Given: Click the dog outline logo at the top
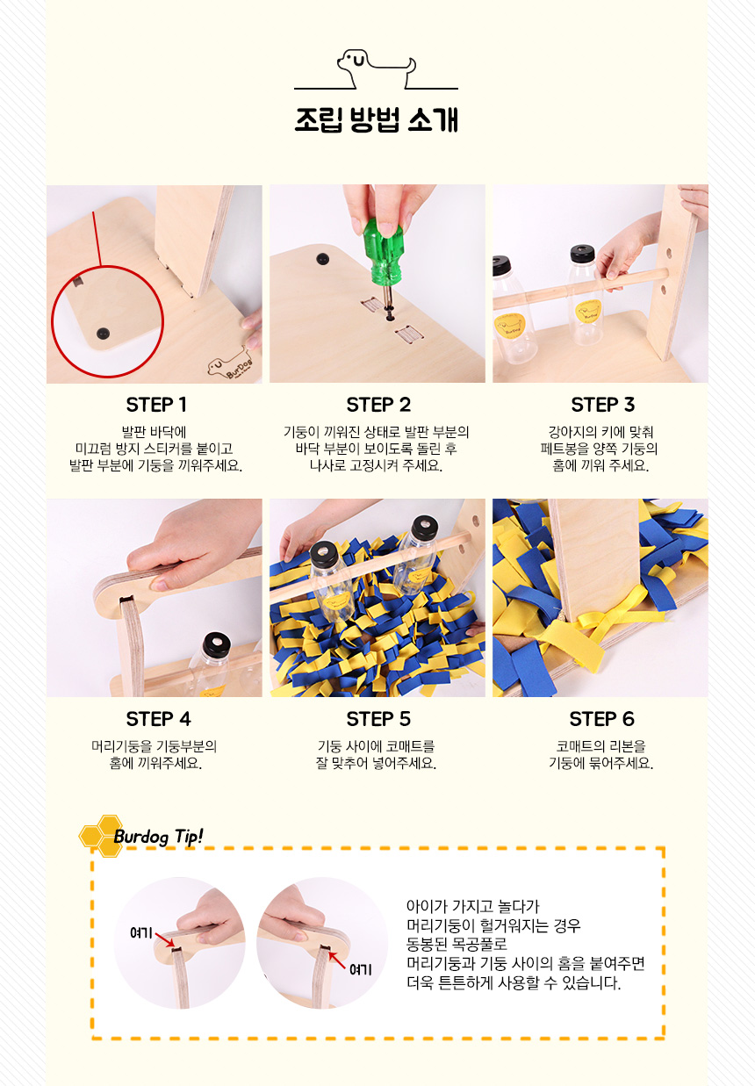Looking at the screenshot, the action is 377,69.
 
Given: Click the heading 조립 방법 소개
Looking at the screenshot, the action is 377,119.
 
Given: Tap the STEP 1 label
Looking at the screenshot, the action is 156,405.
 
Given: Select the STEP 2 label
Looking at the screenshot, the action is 378,405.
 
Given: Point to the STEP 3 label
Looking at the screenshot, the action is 603,405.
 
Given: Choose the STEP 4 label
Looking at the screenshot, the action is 158,719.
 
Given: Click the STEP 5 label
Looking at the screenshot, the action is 378,719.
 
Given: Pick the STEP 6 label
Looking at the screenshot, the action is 601,719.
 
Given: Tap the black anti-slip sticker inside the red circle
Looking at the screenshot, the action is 103,334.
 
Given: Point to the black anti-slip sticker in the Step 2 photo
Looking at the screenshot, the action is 323,258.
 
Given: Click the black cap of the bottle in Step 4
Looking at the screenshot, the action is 216,644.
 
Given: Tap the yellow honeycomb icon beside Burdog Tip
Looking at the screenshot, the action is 100,836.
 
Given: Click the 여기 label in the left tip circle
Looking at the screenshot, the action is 141,932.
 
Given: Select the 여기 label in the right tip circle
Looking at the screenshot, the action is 360,969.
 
